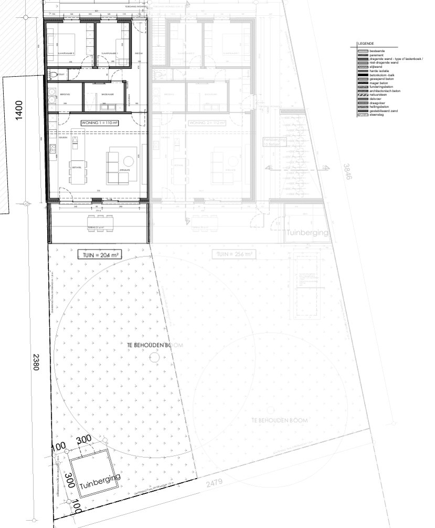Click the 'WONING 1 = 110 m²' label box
coord(99,122)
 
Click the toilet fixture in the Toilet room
coord(52,75)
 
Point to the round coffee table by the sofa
coord(128,161)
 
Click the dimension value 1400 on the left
coord(19,111)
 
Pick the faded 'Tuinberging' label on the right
coord(308,232)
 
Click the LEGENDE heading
coord(366,43)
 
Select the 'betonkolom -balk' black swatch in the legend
coord(362,76)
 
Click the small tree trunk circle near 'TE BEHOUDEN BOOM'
coord(154,357)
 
